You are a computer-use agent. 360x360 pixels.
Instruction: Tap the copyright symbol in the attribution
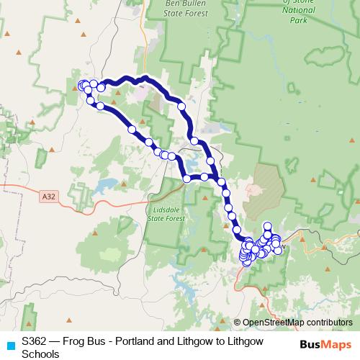point(238,323)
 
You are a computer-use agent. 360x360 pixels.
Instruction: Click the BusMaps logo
point(327,345)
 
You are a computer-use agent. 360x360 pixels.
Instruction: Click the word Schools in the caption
point(40,354)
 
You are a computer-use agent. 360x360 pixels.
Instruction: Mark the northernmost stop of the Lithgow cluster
point(267,226)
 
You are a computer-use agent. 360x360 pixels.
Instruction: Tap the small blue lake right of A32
point(106,184)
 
